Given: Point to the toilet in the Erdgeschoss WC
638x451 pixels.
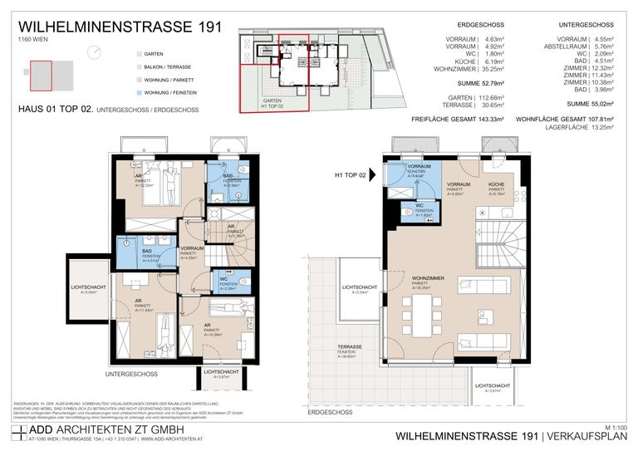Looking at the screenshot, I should click(x=407, y=212).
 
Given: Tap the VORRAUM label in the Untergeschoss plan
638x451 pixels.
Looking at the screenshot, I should click(x=192, y=248).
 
